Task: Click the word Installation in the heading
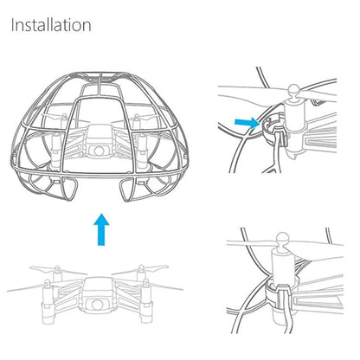[x=51, y=24]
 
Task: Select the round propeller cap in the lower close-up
[x=282, y=237]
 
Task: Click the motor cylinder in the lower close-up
[x=284, y=263]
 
